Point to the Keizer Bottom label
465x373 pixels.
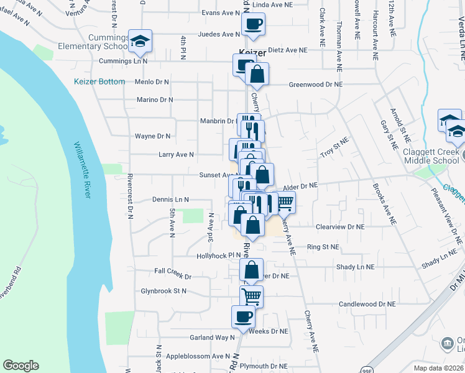99,81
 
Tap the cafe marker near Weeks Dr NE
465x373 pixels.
243,316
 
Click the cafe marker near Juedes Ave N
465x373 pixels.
252,25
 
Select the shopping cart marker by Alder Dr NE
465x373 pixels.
285,201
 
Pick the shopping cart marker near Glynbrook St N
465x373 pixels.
251,296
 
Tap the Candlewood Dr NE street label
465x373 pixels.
367,304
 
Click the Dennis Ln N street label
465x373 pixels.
170,200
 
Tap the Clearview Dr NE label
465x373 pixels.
339,227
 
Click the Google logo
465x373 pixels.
21,366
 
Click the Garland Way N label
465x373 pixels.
213,338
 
